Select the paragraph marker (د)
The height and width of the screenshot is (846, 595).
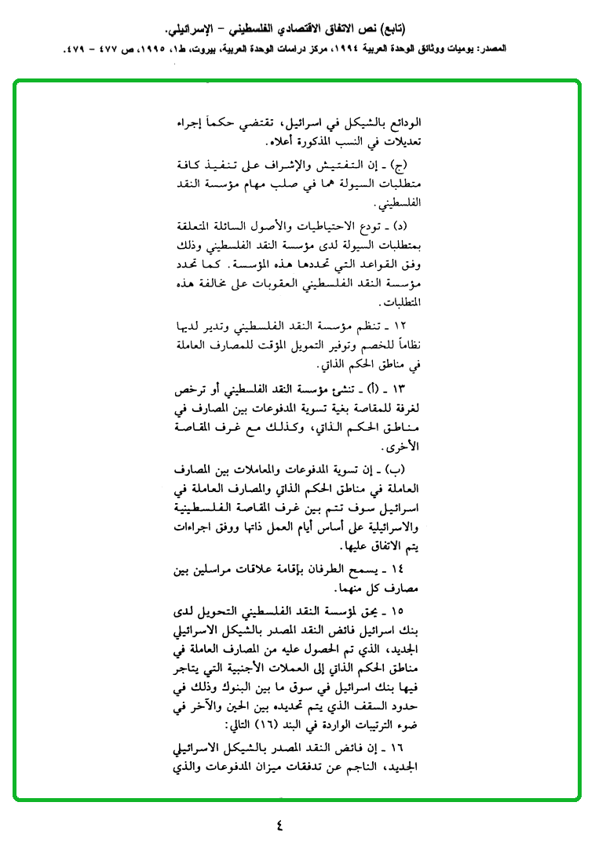pos(395,226)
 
